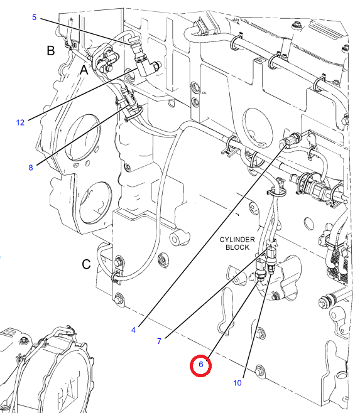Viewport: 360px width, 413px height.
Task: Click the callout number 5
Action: pyautogui.click(x=35, y=18)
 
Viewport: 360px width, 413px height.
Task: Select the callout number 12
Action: pyautogui.click(x=20, y=122)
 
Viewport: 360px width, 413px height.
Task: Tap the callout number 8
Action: pyautogui.click(x=31, y=168)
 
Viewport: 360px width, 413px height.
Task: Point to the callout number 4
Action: pyautogui.click(x=133, y=330)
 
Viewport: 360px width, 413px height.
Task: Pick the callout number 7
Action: pyautogui.click(x=159, y=341)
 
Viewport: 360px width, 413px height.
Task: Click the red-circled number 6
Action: pyautogui.click(x=200, y=365)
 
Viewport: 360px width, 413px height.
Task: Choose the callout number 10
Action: pyautogui.click(x=237, y=383)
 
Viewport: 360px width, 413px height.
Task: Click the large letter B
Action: pyautogui.click(x=51, y=51)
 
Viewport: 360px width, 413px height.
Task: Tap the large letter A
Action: pyautogui.click(x=84, y=70)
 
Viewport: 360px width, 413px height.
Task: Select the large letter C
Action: pyautogui.click(x=86, y=264)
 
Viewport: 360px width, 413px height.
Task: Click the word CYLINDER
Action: pyautogui.click(x=237, y=240)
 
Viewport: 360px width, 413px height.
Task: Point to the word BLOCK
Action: pyautogui.click(x=237, y=247)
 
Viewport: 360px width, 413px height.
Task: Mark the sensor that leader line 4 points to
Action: pyautogui.click(x=292, y=139)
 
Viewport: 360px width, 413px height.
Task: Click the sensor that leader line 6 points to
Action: pyautogui.click(x=260, y=269)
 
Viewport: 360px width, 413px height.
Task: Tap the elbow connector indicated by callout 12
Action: pyautogui.click(x=146, y=67)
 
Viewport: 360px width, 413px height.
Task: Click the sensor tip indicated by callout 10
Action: pyautogui.click(x=271, y=270)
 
